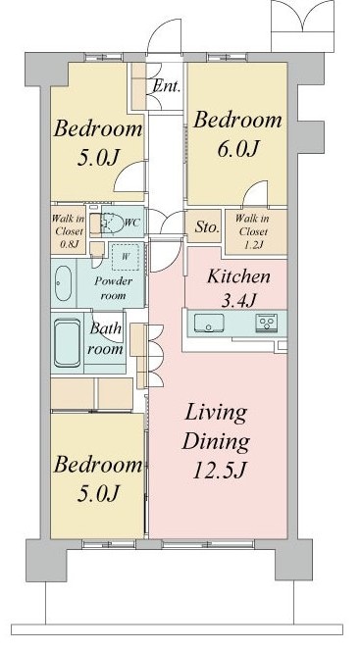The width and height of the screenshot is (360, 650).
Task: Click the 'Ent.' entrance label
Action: click(x=165, y=85)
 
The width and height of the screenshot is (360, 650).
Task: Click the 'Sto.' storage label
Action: click(x=205, y=227)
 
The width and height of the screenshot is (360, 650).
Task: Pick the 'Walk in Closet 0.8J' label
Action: click(x=68, y=227)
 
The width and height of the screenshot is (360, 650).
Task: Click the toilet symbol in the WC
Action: click(x=110, y=224)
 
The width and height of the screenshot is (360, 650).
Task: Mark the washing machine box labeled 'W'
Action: click(x=125, y=258)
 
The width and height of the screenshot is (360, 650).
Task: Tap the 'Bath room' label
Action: click(x=108, y=339)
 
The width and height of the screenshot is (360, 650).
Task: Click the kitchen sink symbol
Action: click(x=209, y=323)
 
